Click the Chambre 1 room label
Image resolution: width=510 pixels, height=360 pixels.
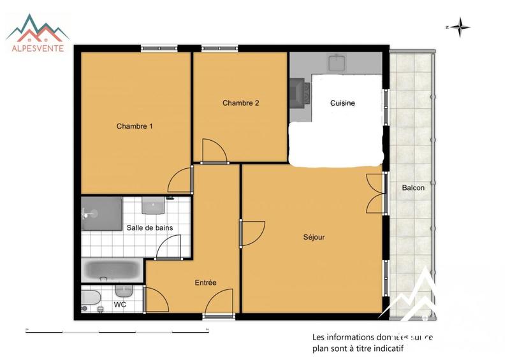point(135,126)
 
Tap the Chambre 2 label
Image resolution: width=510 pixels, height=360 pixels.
point(240,103)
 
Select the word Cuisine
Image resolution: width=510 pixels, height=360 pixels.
point(342,103)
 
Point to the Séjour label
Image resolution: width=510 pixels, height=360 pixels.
point(314,237)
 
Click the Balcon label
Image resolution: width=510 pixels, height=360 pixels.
point(413,188)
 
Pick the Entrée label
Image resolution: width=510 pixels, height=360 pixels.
point(205,283)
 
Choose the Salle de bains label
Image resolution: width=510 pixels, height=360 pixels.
point(150,227)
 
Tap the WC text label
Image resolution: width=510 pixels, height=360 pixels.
point(120,305)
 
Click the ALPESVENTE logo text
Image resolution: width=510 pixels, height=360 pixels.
point(38,48)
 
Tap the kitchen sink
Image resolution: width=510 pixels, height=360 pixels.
point(337,63)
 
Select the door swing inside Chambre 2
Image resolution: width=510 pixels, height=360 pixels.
point(214,152)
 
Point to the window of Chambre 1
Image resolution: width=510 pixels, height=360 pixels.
point(159,48)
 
